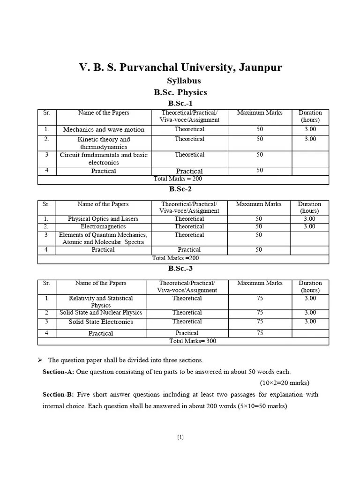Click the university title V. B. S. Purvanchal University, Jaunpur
tap(180, 67)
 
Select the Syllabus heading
tap(180, 81)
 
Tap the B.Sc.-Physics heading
tap(180, 92)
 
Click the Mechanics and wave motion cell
tap(104, 130)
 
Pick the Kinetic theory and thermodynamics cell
tap(104, 143)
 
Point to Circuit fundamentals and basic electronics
tap(104, 158)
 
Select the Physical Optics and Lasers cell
tap(103, 219)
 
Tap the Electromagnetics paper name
tap(103, 226)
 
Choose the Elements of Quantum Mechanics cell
tap(103, 238)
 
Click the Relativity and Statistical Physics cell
tap(101, 301)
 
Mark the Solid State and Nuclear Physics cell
tap(101, 313)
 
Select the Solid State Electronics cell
tap(101, 322)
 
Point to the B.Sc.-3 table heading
tap(180, 269)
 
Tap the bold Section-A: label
tap(58, 372)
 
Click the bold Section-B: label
tap(58, 394)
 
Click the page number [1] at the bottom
tap(180, 437)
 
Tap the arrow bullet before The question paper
tap(40, 360)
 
